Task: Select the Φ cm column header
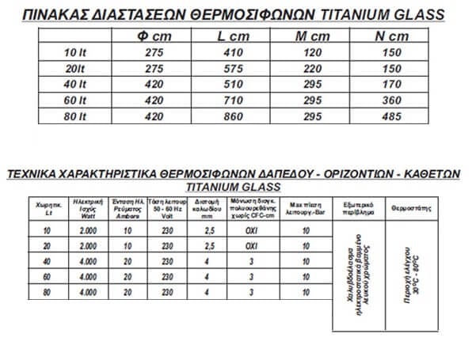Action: tap(152, 36)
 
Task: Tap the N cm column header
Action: tap(393, 36)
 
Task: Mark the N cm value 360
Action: tap(393, 100)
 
